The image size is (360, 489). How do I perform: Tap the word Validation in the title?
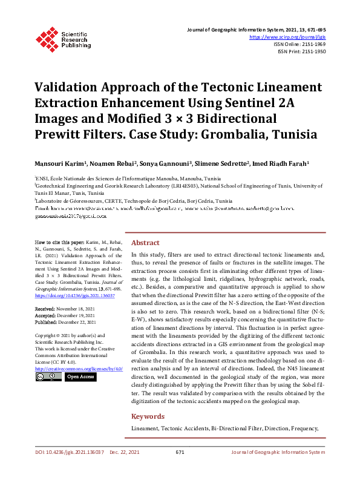tap(71, 88)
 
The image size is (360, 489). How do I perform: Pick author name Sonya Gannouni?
tap(166, 163)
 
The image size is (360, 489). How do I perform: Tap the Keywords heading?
tap(148, 416)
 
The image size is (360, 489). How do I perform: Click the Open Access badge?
tap(80, 377)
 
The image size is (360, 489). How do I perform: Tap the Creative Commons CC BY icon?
tap(48, 377)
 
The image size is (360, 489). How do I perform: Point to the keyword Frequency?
tap(304, 428)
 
